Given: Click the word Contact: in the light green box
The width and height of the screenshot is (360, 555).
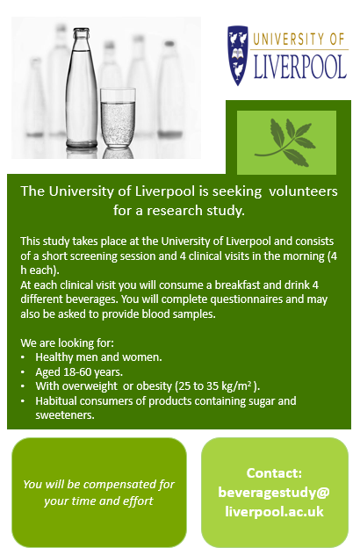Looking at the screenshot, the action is point(274,472).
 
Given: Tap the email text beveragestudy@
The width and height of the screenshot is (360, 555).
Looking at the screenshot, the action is point(274,491).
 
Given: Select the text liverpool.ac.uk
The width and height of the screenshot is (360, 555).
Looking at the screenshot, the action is point(274,510).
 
